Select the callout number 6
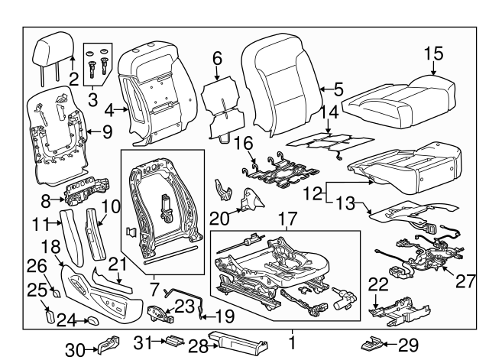tap(217, 57)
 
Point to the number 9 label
tap(106, 131)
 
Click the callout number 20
tap(220, 218)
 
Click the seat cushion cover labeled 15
tap(403, 96)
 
